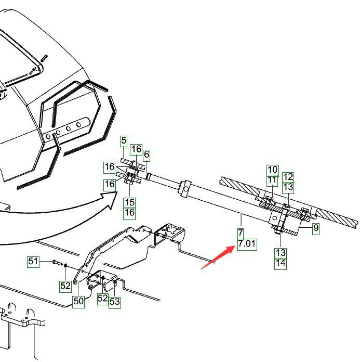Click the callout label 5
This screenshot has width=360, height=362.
click(124, 140)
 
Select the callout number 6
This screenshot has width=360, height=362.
click(146, 154)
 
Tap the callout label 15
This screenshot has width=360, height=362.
click(129, 202)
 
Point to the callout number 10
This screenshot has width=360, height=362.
click(273, 170)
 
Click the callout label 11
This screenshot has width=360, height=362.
click(273, 180)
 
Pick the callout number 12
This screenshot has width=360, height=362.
click(288, 177)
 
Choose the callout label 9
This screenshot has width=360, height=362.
click(316, 227)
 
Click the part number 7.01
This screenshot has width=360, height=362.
click(247, 243)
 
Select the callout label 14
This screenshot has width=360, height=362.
click(281, 263)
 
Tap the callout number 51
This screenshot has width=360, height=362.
click(34, 261)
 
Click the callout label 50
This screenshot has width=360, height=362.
click(78, 301)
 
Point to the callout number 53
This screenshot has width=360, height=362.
click(114, 301)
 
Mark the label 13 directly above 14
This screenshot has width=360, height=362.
click(281, 253)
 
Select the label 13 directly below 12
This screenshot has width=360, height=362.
click(288, 187)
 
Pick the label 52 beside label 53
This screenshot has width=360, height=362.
click(103, 299)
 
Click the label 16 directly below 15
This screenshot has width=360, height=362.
click(129, 212)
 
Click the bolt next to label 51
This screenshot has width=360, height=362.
click(56, 262)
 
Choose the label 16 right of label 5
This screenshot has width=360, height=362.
click(136, 149)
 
